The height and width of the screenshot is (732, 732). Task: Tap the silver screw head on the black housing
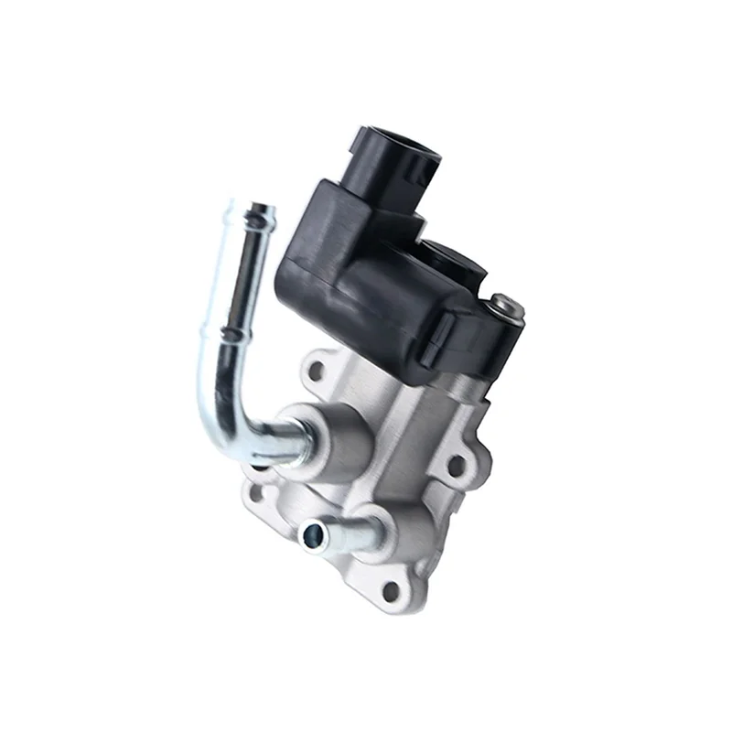tap(506, 307)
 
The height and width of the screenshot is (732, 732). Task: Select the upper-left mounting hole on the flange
tap(317, 371)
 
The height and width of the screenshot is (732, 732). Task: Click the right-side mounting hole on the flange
tap(455, 466)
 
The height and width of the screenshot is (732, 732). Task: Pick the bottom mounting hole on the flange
tap(391, 590)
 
